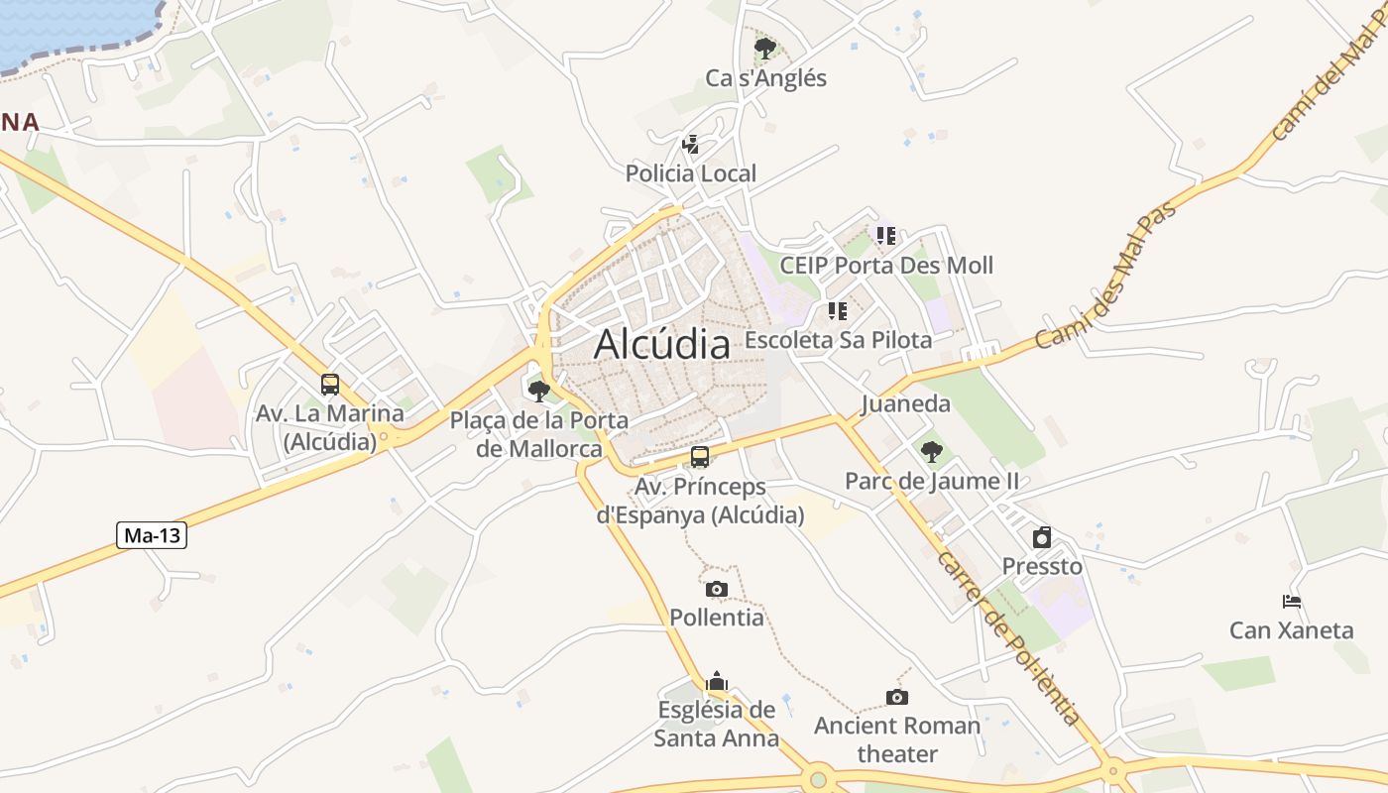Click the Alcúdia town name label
tap(662, 344)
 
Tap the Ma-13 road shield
tap(152, 536)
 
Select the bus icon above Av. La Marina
tap(330, 385)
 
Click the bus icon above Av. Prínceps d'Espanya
tap(700, 457)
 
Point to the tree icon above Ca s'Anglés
tap(764, 48)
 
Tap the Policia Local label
tap(690, 173)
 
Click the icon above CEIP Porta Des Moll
tap(885, 236)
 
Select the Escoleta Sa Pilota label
tap(838, 340)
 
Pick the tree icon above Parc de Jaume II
tap(931, 452)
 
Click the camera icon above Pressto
tap(1042, 537)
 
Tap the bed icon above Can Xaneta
tap(1291, 601)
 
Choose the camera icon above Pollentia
tap(716, 589)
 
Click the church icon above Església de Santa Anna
tap(716, 681)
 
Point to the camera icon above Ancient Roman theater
tap(896, 697)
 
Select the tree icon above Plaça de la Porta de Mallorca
tap(538, 391)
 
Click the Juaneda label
tap(905, 403)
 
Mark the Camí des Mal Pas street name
tap(1105, 276)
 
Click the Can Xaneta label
tap(1291, 630)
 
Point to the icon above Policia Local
tap(691, 145)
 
